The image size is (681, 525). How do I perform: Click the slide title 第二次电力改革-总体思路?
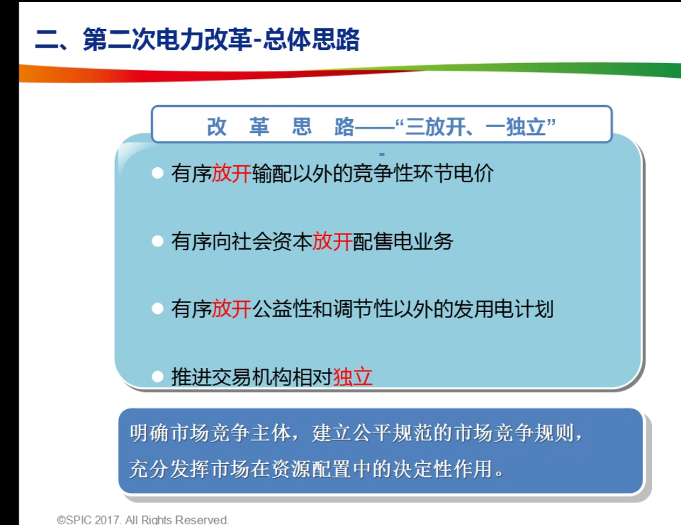click(x=221, y=40)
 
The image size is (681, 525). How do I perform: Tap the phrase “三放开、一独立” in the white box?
click(x=476, y=127)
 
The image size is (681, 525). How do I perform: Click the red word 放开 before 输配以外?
click(x=232, y=174)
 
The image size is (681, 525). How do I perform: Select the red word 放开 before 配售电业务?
click(x=332, y=241)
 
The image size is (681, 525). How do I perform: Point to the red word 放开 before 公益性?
click(x=232, y=309)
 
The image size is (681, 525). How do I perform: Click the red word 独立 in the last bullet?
click(x=352, y=377)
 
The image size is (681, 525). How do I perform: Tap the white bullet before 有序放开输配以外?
click(x=157, y=174)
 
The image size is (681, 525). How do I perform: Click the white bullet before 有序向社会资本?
click(x=157, y=241)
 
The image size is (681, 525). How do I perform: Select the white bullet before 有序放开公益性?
click(x=157, y=309)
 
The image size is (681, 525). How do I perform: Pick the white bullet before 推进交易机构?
click(x=157, y=377)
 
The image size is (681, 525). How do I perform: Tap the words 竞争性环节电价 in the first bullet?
click(x=423, y=174)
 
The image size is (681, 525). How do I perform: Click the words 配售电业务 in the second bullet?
click(x=403, y=241)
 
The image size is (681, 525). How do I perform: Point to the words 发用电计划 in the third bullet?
click(x=504, y=309)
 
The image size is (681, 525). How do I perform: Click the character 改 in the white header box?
click(x=216, y=127)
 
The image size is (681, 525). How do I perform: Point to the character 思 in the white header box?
click(x=302, y=127)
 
